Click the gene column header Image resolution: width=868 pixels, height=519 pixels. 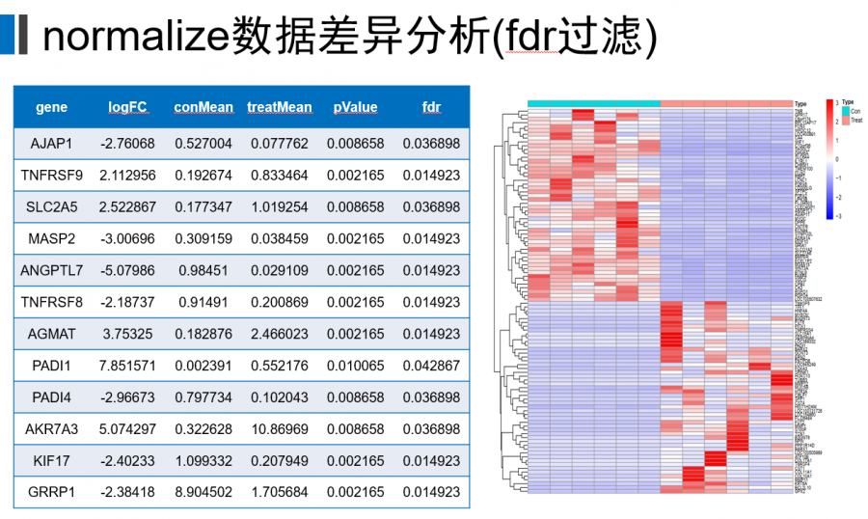tap(51, 107)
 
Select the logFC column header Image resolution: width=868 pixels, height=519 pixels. tap(127, 107)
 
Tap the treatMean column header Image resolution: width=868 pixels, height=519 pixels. tap(280, 107)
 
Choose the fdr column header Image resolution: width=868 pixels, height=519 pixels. tap(431, 107)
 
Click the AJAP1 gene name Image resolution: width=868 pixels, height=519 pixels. tap(51, 144)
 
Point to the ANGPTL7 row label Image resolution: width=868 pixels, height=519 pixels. tap(51, 271)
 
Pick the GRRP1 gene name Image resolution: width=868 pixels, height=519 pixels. tap(51, 493)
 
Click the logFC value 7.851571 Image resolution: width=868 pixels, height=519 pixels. tap(127, 367)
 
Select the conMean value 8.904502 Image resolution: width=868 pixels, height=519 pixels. tap(203, 493)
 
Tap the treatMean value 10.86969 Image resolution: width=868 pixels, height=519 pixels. tap(280, 429)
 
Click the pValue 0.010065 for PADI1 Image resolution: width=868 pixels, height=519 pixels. tap(355, 367)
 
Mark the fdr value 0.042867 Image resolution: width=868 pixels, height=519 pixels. tap(431, 367)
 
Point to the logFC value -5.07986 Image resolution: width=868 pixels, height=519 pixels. tap(127, 271)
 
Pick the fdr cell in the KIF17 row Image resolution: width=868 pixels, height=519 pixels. tap(431, 461)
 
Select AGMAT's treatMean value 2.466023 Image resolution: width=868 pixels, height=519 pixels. tap(280, 335)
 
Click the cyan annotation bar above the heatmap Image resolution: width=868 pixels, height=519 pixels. tap(594, 103)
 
